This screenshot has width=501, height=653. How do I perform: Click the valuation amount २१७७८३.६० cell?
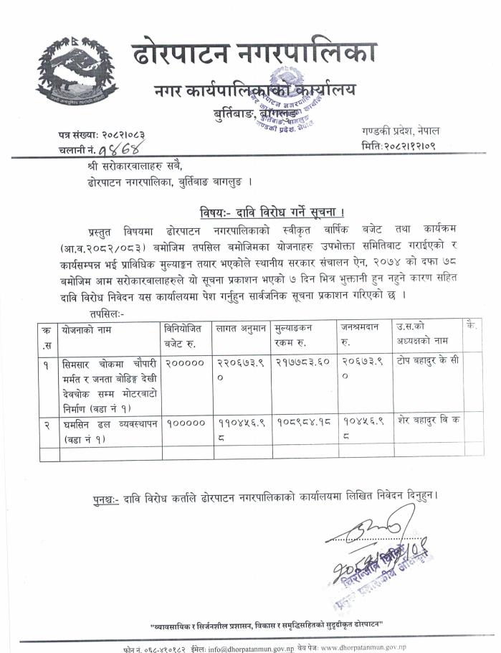301,362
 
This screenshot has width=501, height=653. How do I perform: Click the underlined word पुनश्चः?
107,497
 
